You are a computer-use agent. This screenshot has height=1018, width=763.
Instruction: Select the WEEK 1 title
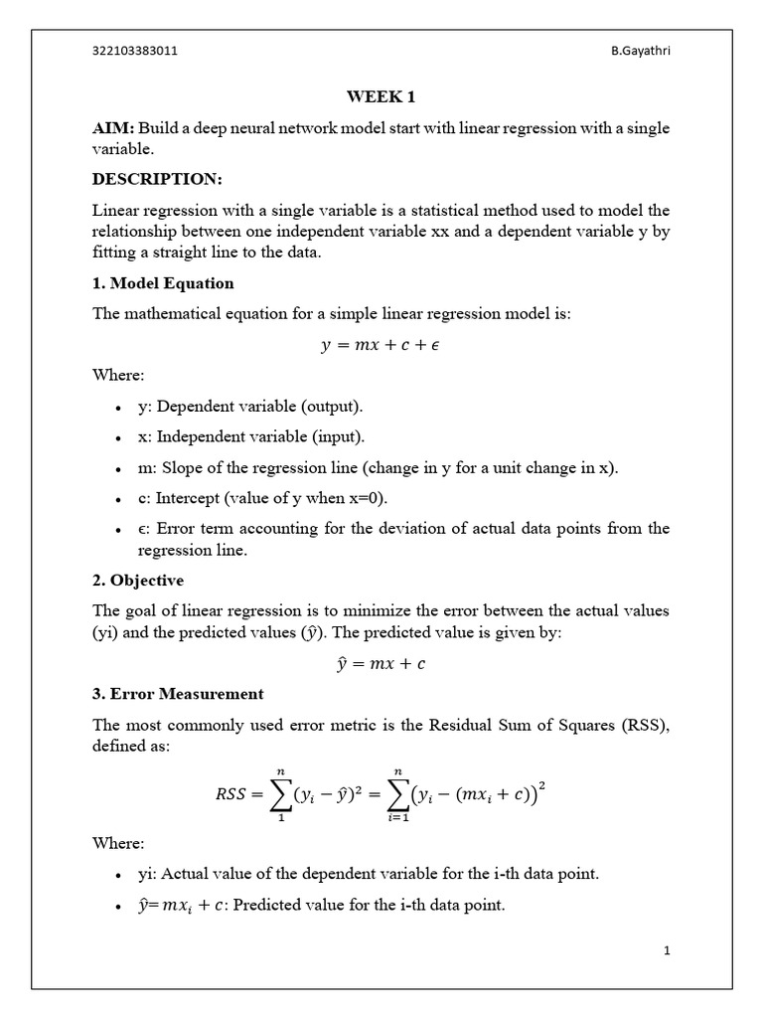pos(381,96)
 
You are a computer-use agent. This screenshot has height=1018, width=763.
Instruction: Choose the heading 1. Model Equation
pos(163,283)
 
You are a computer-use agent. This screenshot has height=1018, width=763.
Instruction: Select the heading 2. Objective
pos(138,580)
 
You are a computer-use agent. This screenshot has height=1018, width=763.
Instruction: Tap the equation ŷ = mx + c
pos(381,663)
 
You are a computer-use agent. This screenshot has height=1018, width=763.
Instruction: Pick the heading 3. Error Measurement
pos(178,693)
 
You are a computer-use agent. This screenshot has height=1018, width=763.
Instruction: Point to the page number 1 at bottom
pos(668,950)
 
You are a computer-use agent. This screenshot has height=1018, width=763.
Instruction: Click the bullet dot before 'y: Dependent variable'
pos(118,409)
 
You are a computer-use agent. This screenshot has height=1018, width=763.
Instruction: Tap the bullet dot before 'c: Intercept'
pos(118,499)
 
